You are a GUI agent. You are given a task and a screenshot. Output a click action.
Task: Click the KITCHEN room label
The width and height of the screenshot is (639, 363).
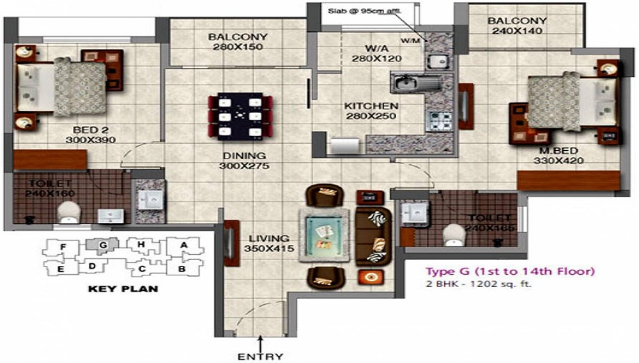click(371, 105)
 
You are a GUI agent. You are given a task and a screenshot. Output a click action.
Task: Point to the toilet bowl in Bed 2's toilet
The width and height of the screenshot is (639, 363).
click(67, 212)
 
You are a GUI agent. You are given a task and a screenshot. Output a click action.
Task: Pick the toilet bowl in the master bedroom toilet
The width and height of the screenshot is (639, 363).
click(455, 233)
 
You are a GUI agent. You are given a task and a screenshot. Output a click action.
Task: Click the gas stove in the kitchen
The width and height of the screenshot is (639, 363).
click(439, 121)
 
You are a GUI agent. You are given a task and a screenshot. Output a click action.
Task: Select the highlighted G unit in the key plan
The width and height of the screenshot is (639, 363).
click(102, 244)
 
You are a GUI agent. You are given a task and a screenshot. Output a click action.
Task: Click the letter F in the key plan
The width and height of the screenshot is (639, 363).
click(63, 247)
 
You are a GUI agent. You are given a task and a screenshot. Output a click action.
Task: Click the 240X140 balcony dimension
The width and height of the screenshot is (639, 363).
click(517, 31)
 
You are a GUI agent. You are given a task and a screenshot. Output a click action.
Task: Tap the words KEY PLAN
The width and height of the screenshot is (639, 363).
click(123, 289)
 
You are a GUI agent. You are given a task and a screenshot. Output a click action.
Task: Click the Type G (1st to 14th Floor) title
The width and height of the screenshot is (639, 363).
click(511, 272)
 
